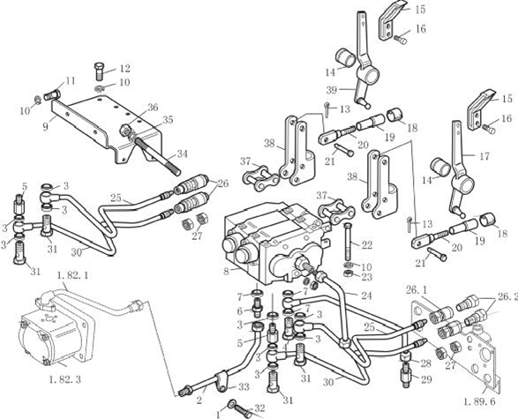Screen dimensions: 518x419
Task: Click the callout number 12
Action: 124,68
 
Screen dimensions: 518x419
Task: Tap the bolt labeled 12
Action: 100,71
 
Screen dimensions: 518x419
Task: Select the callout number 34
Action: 182,153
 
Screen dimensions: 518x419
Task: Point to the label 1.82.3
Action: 64,379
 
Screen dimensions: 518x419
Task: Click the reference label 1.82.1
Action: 72,275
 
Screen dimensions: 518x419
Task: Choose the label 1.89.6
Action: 479,401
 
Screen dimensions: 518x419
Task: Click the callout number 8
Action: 226,272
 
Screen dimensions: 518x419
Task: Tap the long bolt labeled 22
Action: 349,242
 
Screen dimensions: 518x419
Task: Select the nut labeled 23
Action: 348,273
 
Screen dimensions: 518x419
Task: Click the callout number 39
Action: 332,90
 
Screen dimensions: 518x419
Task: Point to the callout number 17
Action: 484,156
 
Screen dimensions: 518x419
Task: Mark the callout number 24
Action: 366,296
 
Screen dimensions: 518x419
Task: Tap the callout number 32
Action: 259,408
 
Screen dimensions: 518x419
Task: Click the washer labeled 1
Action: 232,403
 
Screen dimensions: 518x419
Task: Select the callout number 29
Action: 426,379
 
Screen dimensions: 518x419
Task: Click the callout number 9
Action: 46,126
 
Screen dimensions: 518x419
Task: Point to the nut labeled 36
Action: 124,131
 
